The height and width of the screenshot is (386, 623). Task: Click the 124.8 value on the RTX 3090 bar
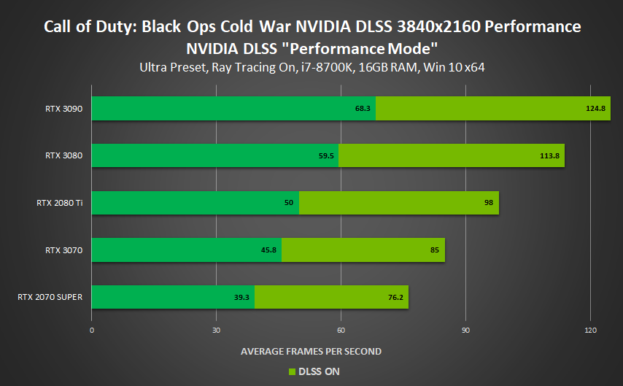[595, 108]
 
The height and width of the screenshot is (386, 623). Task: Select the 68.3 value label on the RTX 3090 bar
[363, 108]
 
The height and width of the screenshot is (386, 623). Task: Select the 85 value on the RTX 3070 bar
[434, 250]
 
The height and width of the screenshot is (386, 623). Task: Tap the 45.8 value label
[269, 250]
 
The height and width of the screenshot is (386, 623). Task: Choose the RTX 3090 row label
[63, 108]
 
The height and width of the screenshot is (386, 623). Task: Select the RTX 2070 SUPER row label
[50, 297]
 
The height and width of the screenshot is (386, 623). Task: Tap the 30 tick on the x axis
[216, 331]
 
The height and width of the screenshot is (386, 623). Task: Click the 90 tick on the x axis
[465, 331]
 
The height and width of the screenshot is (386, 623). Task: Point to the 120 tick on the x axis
[590, 331]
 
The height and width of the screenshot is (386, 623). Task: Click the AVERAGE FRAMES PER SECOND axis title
[311, 352]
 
